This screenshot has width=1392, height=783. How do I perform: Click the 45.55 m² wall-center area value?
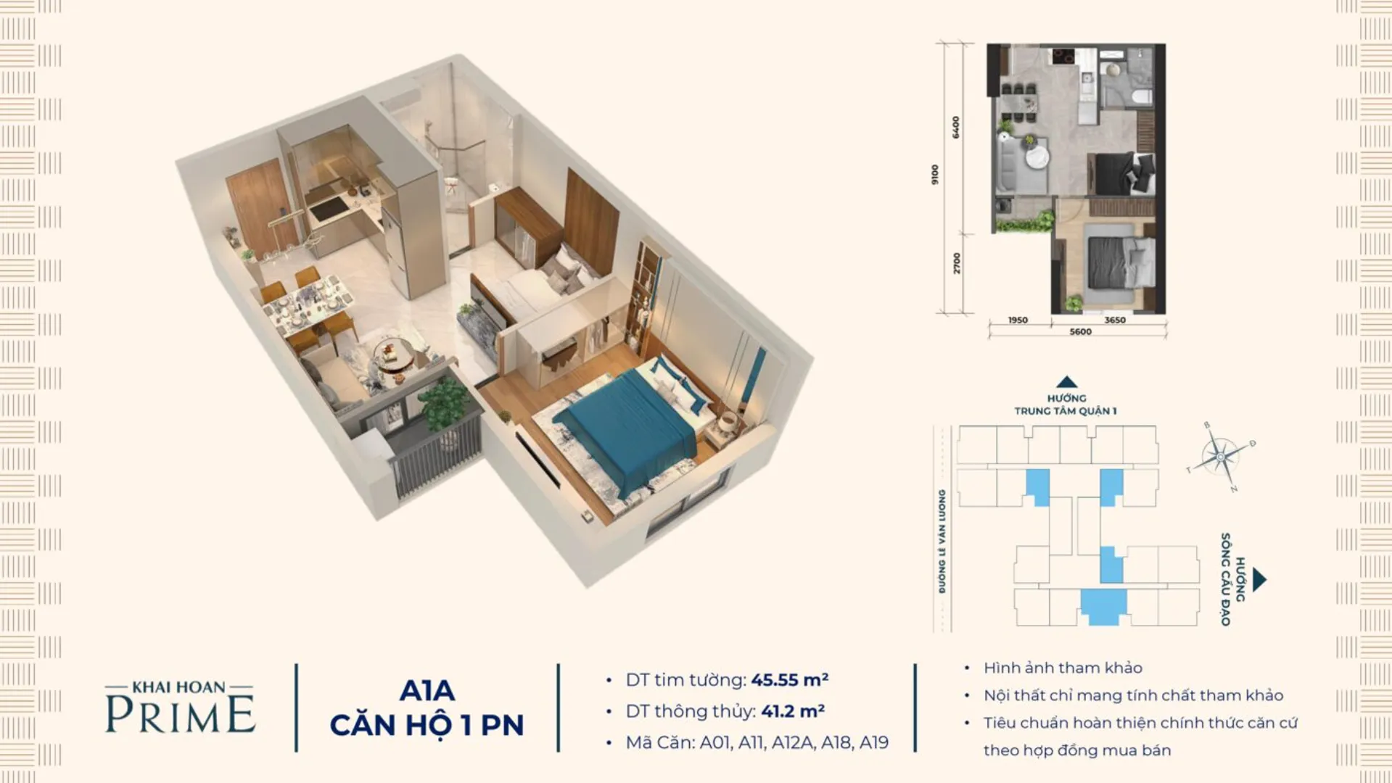click(x=789, y=680)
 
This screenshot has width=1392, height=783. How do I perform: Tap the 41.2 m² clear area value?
click(x=792, y=711)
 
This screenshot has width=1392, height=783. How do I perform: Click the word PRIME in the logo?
click(x=181, y=714)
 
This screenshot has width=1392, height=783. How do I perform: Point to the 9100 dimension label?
click(x=935, y=175)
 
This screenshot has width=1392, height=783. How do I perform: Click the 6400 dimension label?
click(x=956, y=128)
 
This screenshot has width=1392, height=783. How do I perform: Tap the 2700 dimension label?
click(x=957, y=263)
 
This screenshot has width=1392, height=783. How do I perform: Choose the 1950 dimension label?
click(x=1018, y=320)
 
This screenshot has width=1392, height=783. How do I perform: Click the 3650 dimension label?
click(x=1114, y=320)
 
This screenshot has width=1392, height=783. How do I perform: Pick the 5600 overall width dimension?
click(x=1080, y=332)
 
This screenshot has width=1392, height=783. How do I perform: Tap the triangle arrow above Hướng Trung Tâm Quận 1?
click(x=1066, y=382)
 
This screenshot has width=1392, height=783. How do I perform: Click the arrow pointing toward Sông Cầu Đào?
click(x=1259, y=579)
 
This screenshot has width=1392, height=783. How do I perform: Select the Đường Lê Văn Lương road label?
click(x=942, y=541)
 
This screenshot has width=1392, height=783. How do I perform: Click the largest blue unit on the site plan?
click(x=1103, y=606)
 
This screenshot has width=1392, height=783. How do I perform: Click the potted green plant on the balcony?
click(x=442, y=406)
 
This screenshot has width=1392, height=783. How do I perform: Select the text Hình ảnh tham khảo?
click(x=1063, y=668)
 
